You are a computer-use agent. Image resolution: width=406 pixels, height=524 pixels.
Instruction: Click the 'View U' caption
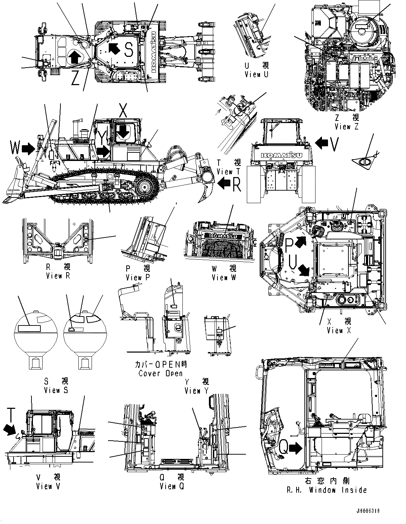pyautogui.click(x=256, y=74)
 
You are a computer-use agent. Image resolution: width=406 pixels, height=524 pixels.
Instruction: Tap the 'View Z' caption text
pyautogui.click(x=346, y=127)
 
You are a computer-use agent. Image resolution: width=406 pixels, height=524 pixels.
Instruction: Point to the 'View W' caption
pyautogui.click(x=224, y=278)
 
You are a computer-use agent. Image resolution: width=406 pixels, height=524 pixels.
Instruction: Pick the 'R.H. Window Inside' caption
pyautogui.click(x=327, y=490)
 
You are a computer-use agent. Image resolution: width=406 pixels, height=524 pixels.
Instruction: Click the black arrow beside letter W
pyautogui.click(x=29, y=148)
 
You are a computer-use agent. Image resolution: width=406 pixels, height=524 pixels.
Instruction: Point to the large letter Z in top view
pyautogui.click(x=75, y=78)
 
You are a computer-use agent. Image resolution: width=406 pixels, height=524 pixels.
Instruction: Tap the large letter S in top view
pyautogui.click(x=129, y=50)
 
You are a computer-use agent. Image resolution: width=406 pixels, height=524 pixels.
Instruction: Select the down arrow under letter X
pyautogui.click(x=123, y=131)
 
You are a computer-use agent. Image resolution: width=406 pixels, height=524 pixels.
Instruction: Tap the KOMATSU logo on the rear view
pyautogui.click(x=281, y=155)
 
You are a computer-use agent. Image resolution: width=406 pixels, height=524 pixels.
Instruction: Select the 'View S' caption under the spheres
pyautogui.click(x=56, y=390)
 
